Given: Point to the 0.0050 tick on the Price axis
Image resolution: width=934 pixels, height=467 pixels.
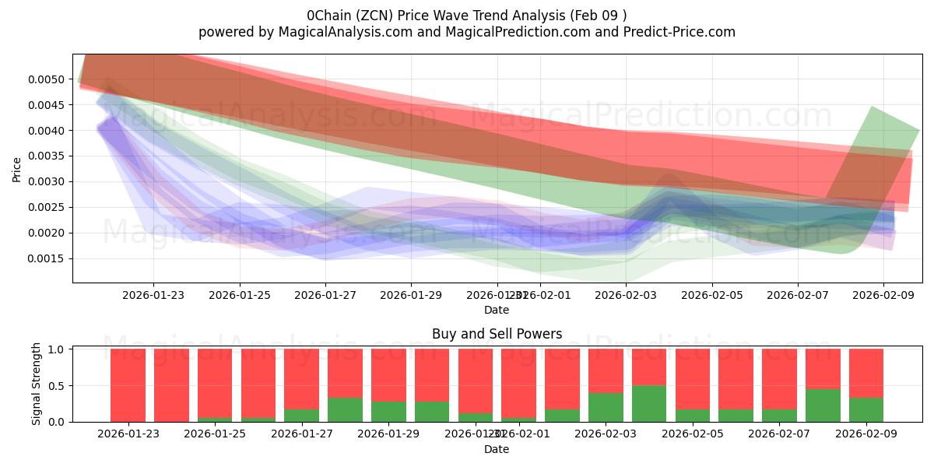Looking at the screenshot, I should coord(48,79).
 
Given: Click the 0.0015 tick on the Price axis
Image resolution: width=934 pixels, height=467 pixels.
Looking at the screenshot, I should coord(48,258).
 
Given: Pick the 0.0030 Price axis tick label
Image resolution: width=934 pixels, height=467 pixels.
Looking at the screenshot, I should coord(48,181).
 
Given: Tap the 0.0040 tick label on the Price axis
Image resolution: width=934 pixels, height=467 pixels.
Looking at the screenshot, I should coord(48,130).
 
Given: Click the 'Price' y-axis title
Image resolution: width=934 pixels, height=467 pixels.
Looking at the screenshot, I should coord(17,168).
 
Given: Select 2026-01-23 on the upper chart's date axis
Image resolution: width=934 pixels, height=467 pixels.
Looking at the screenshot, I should coord(153,296).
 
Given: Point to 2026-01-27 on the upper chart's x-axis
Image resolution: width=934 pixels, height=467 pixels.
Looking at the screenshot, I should coord(325,296).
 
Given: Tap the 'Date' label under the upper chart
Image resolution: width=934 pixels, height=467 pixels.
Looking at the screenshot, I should coord(497,310).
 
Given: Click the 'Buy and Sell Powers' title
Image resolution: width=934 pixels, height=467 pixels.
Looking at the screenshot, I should coord(497,335).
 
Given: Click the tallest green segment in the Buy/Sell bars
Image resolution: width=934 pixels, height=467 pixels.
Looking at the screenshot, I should coord(649,404).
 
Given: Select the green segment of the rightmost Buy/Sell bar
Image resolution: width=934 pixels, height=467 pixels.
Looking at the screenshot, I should coord(866,410).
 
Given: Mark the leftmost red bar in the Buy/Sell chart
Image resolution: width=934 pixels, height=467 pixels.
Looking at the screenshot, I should coord(128,385).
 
